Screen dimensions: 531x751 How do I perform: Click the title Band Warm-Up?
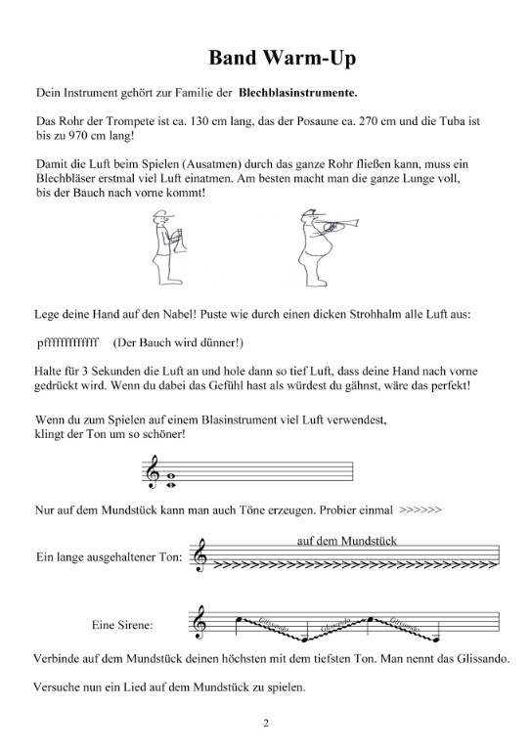pos(282,58)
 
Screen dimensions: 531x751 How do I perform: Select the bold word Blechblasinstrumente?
pos(298,93)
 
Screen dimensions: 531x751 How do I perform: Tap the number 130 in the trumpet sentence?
pos(199,121)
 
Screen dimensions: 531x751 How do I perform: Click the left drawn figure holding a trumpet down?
pos(168,247)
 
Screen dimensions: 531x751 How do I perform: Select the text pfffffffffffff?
pos(67,342)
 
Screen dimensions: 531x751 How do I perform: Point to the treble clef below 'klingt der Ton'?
pos(153,471)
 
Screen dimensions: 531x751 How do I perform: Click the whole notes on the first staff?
pos(170,480)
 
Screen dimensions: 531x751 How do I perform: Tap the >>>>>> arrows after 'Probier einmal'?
pos(420,509)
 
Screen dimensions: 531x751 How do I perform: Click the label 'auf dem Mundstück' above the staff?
pos(347,541)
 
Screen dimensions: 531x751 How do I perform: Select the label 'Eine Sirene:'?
pos(122,625)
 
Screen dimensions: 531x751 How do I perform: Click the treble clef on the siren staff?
pos(199,622)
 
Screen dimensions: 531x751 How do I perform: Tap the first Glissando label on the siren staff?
pos(274,624)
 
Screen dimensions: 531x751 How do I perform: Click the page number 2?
pos(266,723)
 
